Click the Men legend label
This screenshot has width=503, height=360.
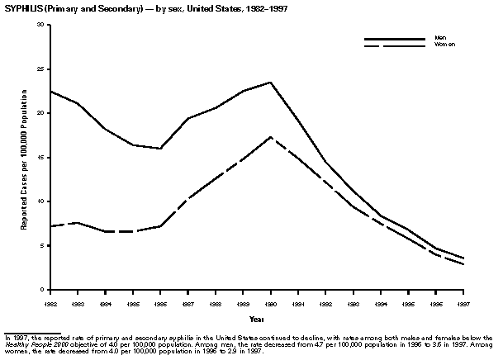pos(441,37)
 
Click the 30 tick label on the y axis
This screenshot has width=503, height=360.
pos(41,25)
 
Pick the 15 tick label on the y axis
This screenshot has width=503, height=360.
pos(41,157)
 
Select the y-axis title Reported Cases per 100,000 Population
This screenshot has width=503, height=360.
pos(25,157)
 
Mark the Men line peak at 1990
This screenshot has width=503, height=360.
pos(271,83)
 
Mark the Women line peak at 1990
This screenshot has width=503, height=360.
pos(271,137)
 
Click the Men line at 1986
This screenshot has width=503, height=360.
pos(161,149)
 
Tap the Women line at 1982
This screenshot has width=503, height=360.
pos(51,226)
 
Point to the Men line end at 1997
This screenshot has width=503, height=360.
pos(463,258)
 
